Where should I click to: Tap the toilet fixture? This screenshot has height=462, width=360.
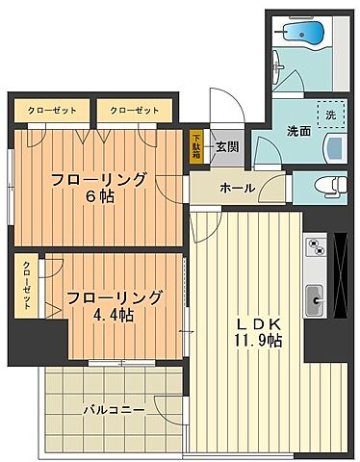pyautogui.click(x=327, y=186)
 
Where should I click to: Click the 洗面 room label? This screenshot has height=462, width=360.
pyautogui.click(x=297, y=131)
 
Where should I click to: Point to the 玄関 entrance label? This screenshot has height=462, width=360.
pyautogui.click(x=227, y=146)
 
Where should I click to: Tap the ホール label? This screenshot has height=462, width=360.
pyautogui.click(x=237, y=188)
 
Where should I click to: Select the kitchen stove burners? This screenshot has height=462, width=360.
pyautogui.click(x=316, y=249)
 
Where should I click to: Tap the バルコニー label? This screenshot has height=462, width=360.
pyautogui.click(x=114, y=409)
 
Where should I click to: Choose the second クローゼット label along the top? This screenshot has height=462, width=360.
pyautogui.click(x=134, y=110)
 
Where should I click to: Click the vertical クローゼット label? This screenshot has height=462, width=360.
pyautogui.click(x=26, y=284)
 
